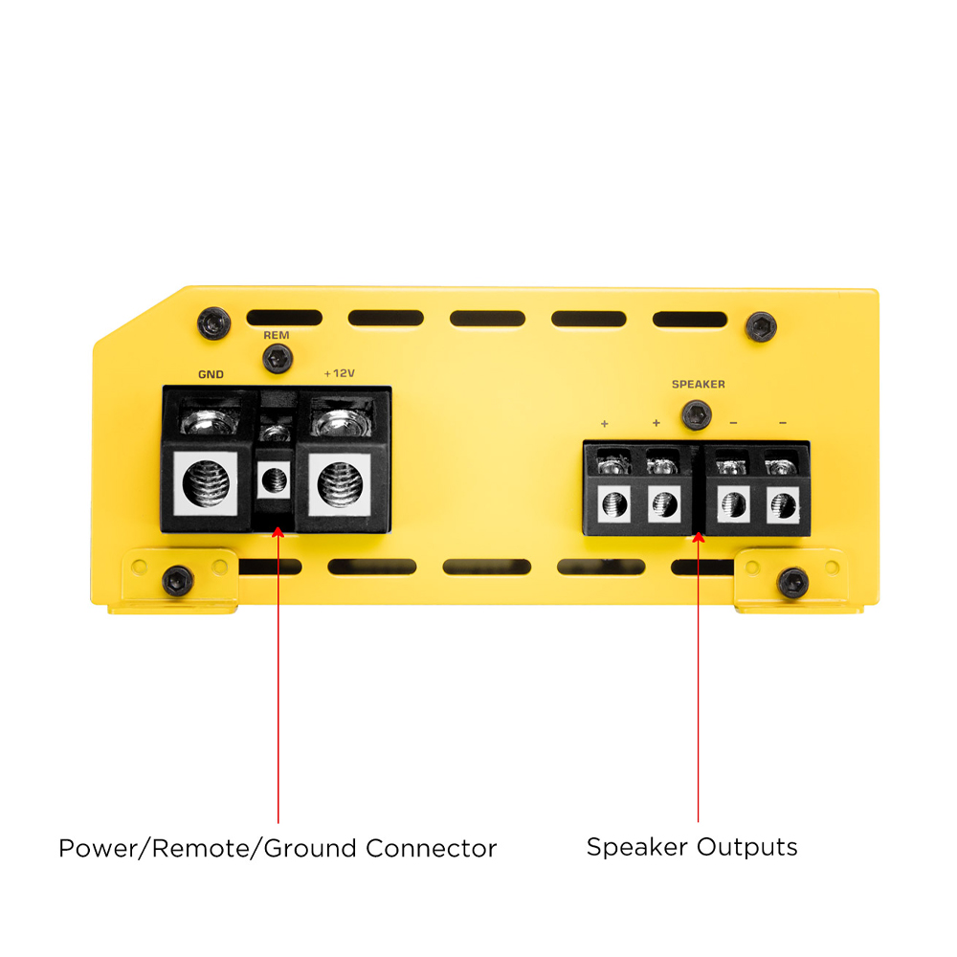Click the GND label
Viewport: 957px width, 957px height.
pos(211,375)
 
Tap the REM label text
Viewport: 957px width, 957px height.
pos(277,336)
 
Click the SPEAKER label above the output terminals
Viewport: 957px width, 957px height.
pos(698,385)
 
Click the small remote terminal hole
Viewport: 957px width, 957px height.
pos(276,476)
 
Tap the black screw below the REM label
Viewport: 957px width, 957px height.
pos(277,359)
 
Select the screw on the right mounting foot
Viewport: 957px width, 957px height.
pos(792,582)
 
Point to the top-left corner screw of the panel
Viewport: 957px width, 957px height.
pos(213,323)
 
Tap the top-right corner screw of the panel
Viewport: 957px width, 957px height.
pos(761,326)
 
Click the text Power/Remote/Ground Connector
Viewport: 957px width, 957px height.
pos(278,848)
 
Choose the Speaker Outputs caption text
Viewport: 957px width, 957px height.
pos(691,847)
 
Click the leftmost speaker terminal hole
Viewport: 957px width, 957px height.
pos(613,501)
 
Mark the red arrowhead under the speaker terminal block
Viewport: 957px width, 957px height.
pos(698,538)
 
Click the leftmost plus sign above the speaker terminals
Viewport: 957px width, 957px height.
pos(605,423)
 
